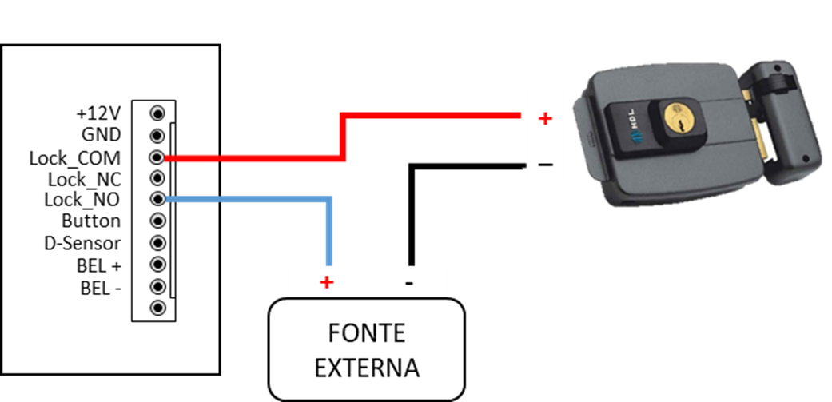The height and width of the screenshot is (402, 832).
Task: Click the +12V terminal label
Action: (x=98, y=113)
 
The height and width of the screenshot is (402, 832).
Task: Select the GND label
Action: (x=102, y=135)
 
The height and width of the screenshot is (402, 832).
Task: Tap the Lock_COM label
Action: (x=75, y=157)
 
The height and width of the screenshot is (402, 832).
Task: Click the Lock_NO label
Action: (x=82, y=199)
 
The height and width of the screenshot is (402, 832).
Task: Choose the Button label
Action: (x=91, y=221)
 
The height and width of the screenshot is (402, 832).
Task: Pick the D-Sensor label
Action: (x=82, y=243)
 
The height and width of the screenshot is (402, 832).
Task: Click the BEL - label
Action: (x=101, y=286)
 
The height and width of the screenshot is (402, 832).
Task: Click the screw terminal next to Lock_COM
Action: (x=157, y=157)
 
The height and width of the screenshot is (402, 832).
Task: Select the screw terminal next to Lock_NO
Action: (x=157, y=199)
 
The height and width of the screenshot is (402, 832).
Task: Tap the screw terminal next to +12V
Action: (x=157, y=113)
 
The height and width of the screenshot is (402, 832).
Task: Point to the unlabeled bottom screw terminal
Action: (x=157, y=308)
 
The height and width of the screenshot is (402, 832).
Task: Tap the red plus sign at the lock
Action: (x=545, y=119)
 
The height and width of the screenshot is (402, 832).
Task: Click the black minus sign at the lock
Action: (x=545, y=165)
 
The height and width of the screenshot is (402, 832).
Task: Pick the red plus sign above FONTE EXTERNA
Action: (x=326, y=282)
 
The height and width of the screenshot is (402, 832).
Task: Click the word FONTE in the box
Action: (x=367, y=332)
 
